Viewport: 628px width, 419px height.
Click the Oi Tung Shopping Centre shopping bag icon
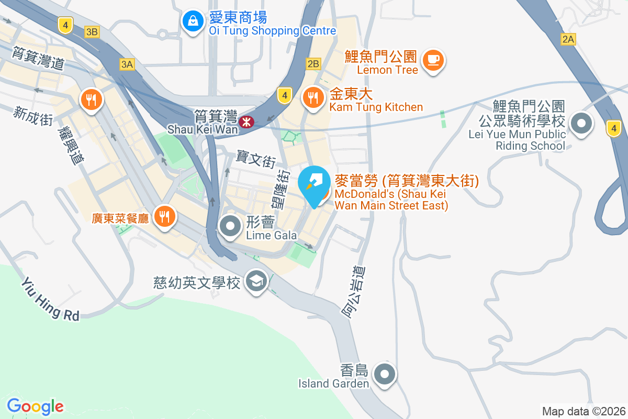(x=193, y=21)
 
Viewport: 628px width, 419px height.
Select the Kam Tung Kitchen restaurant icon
(x=313, y=97)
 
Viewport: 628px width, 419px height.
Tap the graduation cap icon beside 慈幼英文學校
(x=256, y=282)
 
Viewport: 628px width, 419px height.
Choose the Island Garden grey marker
(x=385, y=374)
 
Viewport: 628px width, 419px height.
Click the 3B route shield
(x=92, y=32)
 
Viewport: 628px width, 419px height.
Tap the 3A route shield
(x=127, y=64)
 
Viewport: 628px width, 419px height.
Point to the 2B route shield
(x=313, y=64)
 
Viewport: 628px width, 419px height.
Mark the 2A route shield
(x=568, y=39)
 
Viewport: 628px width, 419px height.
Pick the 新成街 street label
(x=34, y=115)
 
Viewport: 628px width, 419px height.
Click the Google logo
(x=35, y=406)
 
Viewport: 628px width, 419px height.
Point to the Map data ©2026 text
(x=584, y=412)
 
